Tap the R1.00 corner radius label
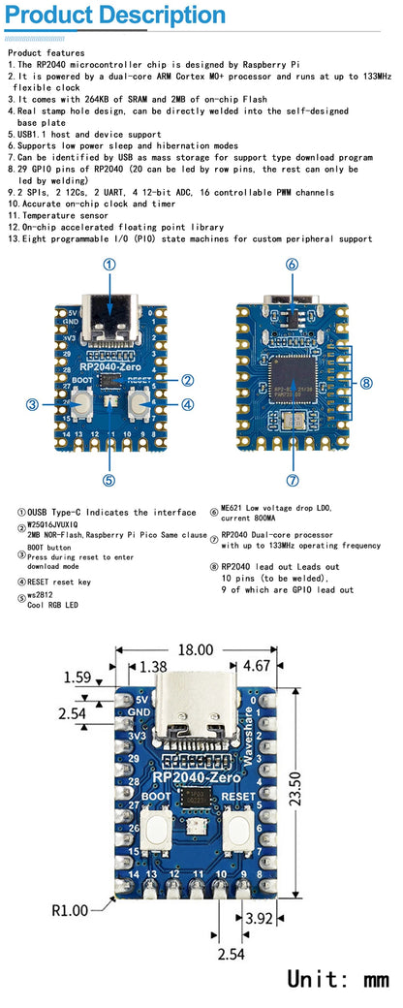(69, 910)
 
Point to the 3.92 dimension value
(258, 918)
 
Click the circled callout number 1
(109, 264)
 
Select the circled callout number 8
(366, 383)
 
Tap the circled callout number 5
(108, 479)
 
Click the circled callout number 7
(293, 479)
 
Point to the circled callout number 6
(292, 264)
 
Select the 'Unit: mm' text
(337, 978)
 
